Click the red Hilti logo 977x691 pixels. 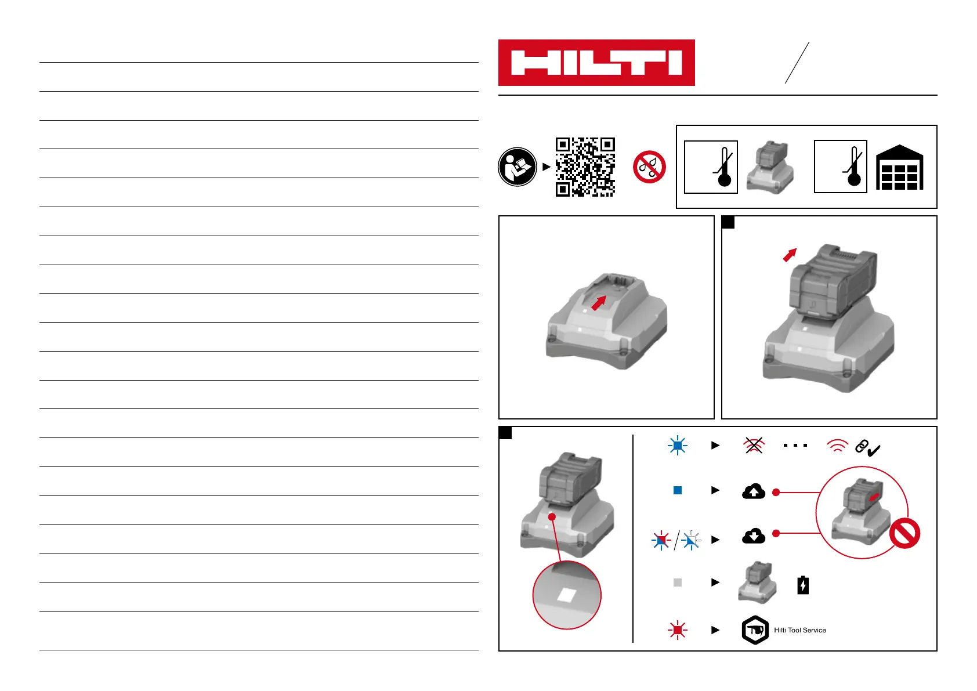pos(596,63)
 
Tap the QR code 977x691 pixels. pos(585,167)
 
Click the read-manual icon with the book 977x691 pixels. pos(517,167)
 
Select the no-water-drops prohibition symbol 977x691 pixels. pos(649,167)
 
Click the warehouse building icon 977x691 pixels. pos(899,168)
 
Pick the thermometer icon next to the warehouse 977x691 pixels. pos(841,167)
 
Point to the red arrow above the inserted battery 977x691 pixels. pos(790,255)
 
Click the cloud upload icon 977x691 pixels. pos(753,491)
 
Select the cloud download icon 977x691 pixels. pos(753,536)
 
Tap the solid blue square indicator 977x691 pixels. pos(677,490)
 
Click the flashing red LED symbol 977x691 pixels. pos(677,630)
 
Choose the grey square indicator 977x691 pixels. pos(677,582)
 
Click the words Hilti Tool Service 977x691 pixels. pos(799,630)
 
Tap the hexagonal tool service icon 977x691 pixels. pos(755,630)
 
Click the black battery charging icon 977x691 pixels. pos(803,585)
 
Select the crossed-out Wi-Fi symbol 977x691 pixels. pos(754,446)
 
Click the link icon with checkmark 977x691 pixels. pos(867,448)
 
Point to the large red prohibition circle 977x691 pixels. pos(904,533)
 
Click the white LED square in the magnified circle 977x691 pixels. pos(566,595)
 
